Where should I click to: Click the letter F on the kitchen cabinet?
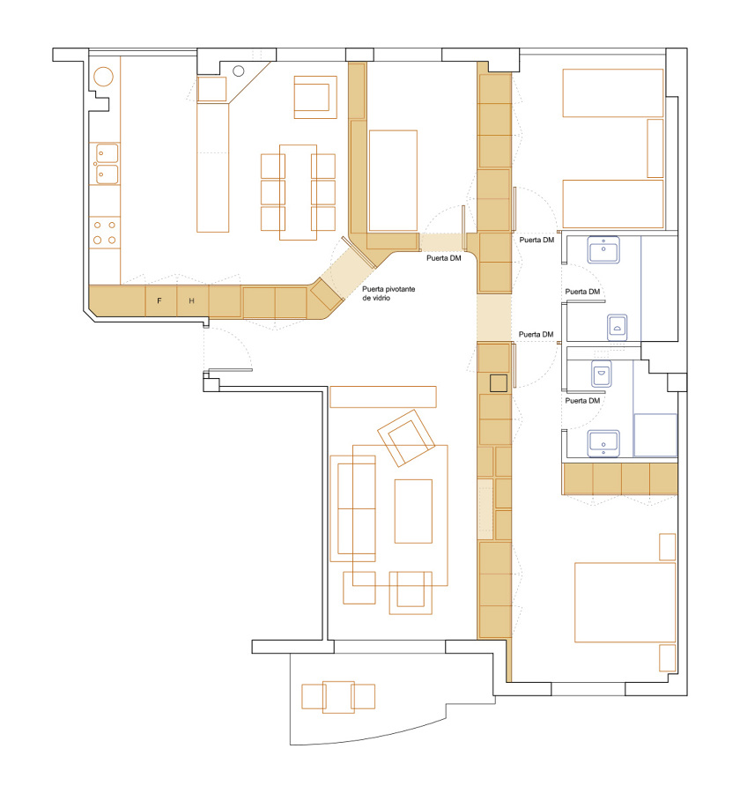(x=159, y=301)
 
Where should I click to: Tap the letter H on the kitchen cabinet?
(x=192, y=301)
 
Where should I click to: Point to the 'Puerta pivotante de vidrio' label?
(x=388, y=293)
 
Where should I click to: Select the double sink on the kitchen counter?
(x=107, y=164)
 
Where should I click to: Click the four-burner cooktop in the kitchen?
(x=105, y=232)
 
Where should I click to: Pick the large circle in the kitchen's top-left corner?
(x=103, y=77)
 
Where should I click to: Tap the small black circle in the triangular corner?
(x=239, y=70)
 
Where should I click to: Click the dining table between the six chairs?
(x=298, y=192)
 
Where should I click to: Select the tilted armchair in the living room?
(x=406, y=438)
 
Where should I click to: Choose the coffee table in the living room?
(x=413, y=511)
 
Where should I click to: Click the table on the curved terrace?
(x=338, y=697)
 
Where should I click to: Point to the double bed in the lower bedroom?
(x=625, y=603)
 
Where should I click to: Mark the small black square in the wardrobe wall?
(x=499, y=383)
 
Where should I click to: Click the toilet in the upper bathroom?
(x=617, y=328)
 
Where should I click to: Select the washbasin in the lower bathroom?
(x=603, y=442)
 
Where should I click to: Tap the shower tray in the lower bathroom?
(x=655, y=435)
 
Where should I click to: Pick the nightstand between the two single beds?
(x=655, y=148)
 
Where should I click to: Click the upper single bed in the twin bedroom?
(x=613, y=93)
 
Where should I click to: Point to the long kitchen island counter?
(x=213, y=167)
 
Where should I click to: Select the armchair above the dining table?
(x=315, y=97)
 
